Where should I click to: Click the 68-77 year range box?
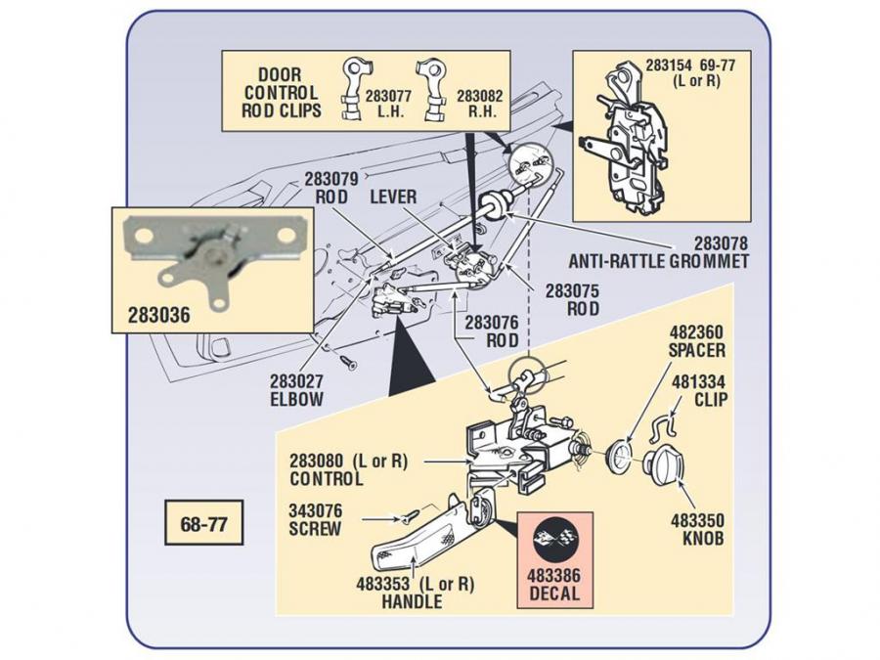point(203,523)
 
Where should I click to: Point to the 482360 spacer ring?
point(619,454)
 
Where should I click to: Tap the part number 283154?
point(672,67)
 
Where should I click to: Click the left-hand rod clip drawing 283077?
point(354,92)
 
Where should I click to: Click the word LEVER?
point(393,198)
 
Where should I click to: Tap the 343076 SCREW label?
point(315,519)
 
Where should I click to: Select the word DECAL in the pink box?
point(555,594)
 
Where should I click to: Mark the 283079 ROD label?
point(332,188)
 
